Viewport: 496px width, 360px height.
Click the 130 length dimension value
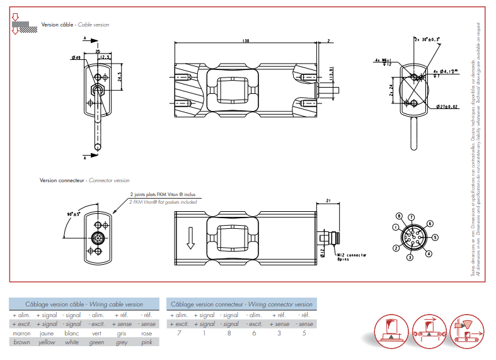click(246, 41)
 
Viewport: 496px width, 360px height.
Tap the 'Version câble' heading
click(58, 25)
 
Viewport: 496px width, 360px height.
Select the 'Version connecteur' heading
click(62, 180)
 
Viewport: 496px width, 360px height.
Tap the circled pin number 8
click(401, 216)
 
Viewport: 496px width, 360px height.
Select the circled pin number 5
click(434, 238)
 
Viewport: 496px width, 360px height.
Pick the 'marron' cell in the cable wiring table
click(21, 333)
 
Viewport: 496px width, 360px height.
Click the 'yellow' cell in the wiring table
click(47, 342)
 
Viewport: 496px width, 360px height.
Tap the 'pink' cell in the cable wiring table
click(146, 342)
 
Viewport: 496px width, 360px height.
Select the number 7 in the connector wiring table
click(179, 333)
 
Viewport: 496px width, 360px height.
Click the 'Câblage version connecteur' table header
click(241, 305)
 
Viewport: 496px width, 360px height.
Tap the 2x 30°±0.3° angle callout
click(427, 39)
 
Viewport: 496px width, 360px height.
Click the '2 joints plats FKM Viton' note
click(163, 195)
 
